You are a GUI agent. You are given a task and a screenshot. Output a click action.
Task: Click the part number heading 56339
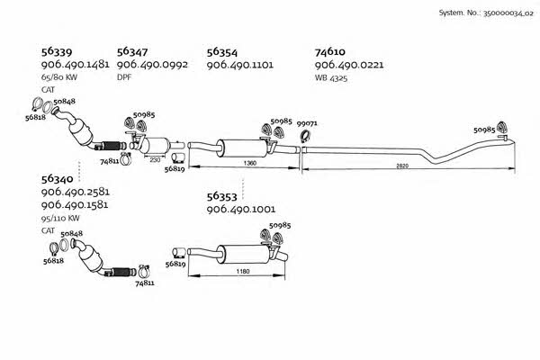pyautogui.click(x=57, y=52)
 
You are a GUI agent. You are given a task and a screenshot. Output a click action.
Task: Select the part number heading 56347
pyautogui.click(x=132, y=51)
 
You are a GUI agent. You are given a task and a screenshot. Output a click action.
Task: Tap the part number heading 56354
pyautogui.click(x=222, y=52)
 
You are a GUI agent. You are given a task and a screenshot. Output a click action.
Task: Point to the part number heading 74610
pyautogui.click(x=330, y=51)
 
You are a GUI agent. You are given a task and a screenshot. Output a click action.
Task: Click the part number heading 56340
pyautogui.click(x=58, y=179)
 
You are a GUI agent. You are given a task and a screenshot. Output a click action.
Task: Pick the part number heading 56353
pyautogui.click(x=222, y=196)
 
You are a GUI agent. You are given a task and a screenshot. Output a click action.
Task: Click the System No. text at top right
pyautogui.click(x=486, y=13)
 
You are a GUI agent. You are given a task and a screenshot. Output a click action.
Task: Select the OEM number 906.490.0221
pyautogui.click(x=349, y=65)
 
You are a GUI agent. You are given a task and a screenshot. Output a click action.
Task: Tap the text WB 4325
pyautogui.click(x=331, y=78)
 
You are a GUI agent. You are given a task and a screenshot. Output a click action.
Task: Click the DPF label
pyautogui.click(x=124, y=77)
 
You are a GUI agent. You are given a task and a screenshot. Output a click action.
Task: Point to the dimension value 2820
pyautogui.click(x=402, y=166)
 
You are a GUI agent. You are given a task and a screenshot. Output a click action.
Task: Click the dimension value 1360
pyautogui.click(x=250, y=163)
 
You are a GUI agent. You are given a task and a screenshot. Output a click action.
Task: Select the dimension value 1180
pyautogui.click(x=243, y=272)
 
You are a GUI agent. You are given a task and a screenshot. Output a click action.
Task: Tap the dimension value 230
pyautogui.click(x=155, y=160)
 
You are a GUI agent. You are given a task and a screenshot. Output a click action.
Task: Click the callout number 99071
pyautogui.click(x=307, y=123)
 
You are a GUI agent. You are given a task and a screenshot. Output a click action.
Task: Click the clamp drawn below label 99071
pyautogui.click(x=305, y=137)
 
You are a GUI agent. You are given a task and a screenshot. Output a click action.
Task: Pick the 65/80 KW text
pyautogui.click(x=59, y=77)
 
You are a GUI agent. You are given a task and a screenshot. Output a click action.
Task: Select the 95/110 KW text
pyautogui.click(x=60, y=218)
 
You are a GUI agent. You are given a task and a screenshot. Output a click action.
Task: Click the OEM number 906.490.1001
pyautogui.click(x=241, y=209)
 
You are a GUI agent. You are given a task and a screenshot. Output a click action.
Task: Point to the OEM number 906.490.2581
pyautogui.click(x=76, y=192)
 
